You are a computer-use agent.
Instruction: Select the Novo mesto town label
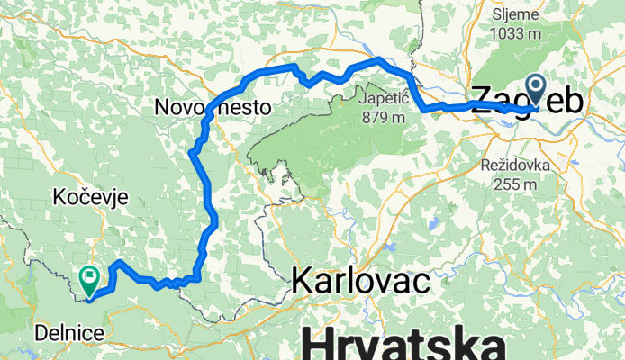[213, 106]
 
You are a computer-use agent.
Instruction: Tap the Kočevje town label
[91, 196]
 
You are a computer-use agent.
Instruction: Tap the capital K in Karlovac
[301, 282]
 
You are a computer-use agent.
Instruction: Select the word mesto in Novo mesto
[241, 106]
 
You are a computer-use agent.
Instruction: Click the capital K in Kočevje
[59, 196]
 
